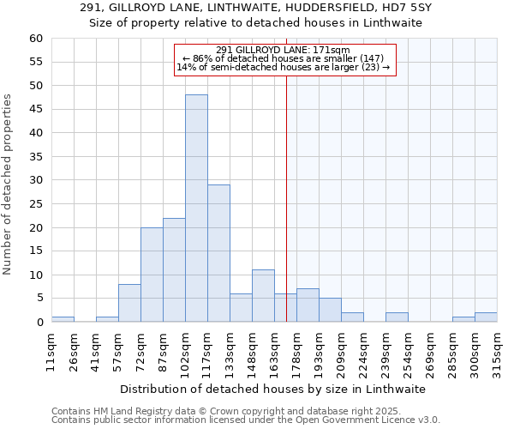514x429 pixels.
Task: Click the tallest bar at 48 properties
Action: [196, 208]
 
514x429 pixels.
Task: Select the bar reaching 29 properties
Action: [218, 253]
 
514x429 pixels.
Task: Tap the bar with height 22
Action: [174, 269]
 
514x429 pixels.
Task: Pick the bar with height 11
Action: [263, 295]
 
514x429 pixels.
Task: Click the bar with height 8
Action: [129, 303]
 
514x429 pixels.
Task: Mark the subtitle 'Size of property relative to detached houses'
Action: [257, 23]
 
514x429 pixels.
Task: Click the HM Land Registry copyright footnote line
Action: [215, 411]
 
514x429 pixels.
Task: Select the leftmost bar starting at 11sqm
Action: [63, 319]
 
